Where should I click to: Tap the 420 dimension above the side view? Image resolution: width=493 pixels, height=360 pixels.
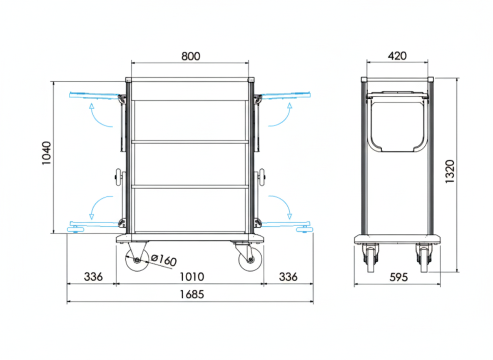tap(397, 56)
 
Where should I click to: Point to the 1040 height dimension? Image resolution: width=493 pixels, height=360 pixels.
tap(47, 153)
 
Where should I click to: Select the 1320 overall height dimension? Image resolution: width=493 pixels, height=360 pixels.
tap(450, 172)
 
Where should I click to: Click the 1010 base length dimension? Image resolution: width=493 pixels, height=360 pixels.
tap(192, 277)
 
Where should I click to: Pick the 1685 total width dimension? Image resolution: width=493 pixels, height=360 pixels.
tap(192, 294)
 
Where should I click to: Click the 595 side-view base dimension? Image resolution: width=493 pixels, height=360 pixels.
tap(398, 277)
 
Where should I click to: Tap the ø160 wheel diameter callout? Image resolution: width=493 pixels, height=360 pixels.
tap(164, 260)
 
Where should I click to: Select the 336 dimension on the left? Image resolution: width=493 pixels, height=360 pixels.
tap(93, 277)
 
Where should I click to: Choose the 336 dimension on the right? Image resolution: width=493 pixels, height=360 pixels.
tap(288, 277)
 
